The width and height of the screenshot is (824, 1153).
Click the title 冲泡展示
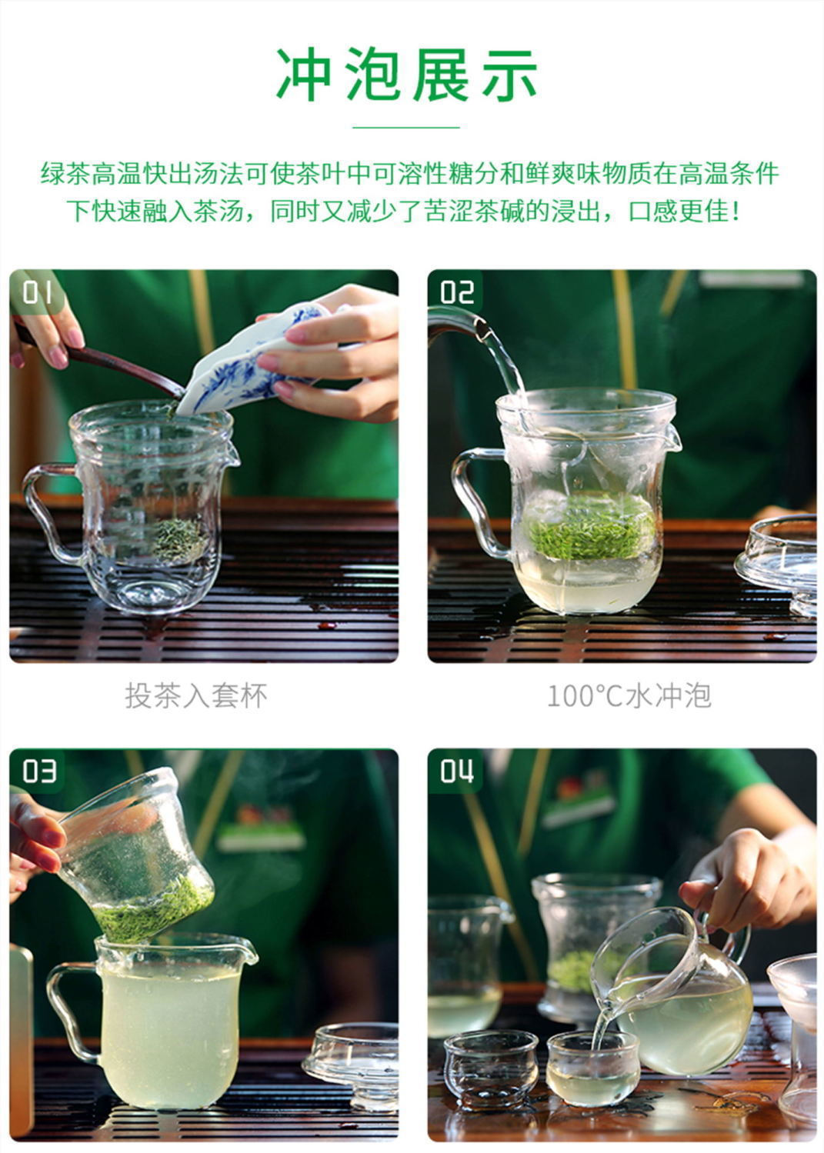[x=407, y=75]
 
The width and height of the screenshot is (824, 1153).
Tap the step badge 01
[x=36, y=293]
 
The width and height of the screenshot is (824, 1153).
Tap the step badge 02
[x=455, y=293]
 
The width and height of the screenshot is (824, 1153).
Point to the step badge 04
[x=455, y=771]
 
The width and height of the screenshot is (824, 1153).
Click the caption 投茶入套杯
[x=196, y=696]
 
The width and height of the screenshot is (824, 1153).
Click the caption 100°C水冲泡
[x=628, y=696]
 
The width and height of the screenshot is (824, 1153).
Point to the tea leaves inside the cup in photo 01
[x=178, y=538]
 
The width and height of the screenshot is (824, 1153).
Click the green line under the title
[x=407, y=127]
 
